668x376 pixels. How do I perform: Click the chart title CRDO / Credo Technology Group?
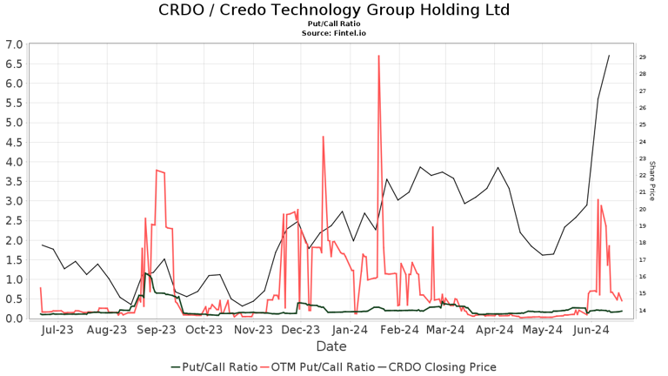334,10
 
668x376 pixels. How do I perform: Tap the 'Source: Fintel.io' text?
334,33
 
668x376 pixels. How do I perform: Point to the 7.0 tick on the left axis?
14,44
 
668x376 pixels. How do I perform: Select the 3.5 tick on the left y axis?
14,181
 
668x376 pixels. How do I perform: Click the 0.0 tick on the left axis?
14,319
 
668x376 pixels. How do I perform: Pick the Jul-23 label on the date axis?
57,331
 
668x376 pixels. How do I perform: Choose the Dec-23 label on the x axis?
302,331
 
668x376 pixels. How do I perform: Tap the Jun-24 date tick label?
590,331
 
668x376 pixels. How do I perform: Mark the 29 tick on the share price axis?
641,57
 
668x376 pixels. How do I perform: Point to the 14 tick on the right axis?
641,311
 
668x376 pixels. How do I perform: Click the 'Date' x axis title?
331,346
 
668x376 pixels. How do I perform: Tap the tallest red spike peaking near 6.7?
378,57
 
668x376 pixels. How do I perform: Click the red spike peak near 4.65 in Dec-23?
323,137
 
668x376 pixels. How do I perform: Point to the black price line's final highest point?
609,56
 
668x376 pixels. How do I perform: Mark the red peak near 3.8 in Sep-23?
157,170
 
